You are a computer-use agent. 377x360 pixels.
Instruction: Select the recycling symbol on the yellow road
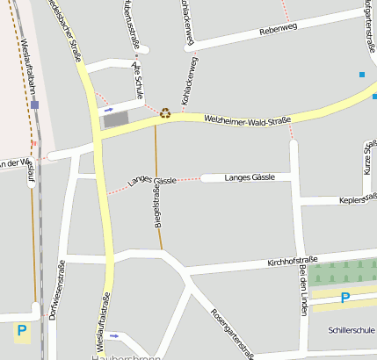point(164,112)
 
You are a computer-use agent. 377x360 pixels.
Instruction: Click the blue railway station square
point(34,104)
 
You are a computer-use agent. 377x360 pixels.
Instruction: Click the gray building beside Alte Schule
point(115,120)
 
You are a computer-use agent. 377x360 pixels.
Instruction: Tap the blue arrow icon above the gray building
point(108,111)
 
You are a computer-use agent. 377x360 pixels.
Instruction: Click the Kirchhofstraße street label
point(291,263)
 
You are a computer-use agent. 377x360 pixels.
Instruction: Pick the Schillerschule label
point(350,331)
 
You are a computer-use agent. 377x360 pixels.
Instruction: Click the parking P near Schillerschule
point(344,299)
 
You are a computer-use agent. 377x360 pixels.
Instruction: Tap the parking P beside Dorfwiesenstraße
point(20,331)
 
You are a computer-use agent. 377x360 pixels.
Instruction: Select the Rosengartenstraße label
point(232,334)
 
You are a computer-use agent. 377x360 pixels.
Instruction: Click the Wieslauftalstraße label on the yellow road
point(102,321)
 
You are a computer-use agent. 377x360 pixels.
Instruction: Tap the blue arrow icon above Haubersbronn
point(113,335)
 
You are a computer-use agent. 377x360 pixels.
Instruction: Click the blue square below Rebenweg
point(361,75)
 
